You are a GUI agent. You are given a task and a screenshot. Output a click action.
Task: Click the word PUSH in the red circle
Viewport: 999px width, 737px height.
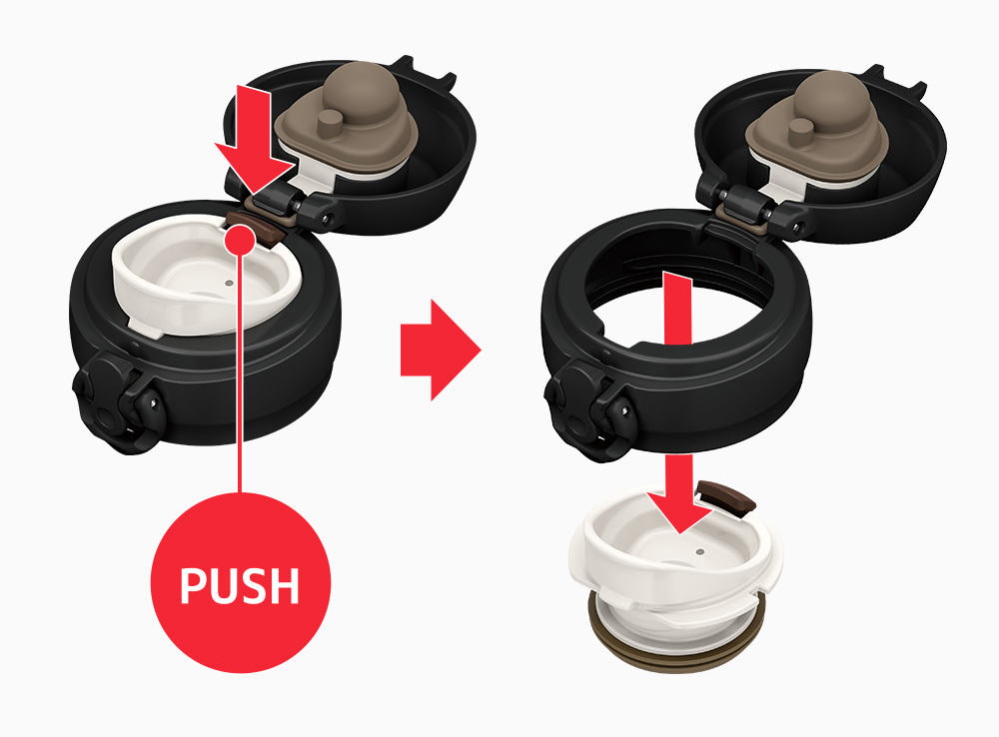tap(240, 585)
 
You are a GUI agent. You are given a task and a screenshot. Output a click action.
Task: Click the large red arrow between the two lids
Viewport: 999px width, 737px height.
tap(441, 350)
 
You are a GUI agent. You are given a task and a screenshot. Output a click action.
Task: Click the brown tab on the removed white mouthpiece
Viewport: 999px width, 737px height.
tap(727, 497)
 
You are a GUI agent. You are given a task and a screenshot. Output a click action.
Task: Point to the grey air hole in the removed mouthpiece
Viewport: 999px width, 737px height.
tap(701, 551)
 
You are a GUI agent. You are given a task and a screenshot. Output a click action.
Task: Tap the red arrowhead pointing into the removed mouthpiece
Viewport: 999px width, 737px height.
tap(679, 511)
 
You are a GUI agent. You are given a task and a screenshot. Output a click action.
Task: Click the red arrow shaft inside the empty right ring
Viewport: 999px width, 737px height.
tap(678, 309)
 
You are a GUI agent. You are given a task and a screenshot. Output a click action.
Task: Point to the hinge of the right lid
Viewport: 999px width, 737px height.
tap(749, 205)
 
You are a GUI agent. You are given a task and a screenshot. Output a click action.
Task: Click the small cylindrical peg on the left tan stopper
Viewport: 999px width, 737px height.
tap(330, 121)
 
